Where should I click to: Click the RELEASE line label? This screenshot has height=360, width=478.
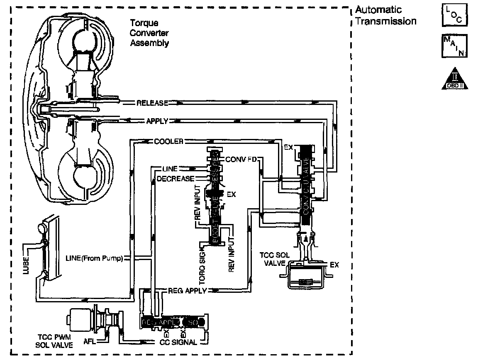pos(152,103)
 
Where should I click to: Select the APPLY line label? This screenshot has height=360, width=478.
pos(157,121)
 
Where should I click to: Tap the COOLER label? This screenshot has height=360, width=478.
pos(168,141)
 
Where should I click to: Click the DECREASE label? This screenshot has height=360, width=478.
pos(175,179)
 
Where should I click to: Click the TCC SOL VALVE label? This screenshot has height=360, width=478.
pos(273,259)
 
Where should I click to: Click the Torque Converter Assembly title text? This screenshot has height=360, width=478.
pos(150,33)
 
